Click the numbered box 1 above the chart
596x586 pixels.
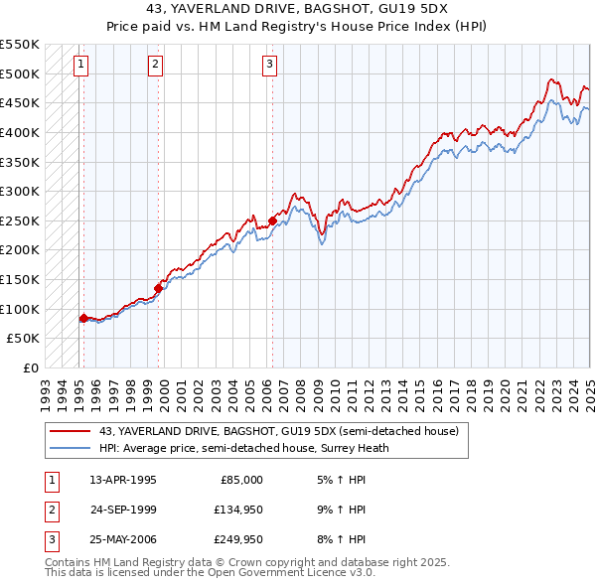tap(79, 66)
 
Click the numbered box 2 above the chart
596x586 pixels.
tap(156, 66)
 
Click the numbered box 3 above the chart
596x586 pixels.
tap(269, 66)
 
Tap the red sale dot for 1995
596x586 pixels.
tap(84, 318)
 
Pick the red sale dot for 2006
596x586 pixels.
tap(272, 220)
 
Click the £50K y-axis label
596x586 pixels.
tap(25, 339)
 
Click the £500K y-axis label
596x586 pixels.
tap(21, 73)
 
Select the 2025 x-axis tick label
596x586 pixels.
tap(590, 386)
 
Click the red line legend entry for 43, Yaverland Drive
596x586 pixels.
tap(278, 432)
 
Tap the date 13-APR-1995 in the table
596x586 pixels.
tap(123, 479)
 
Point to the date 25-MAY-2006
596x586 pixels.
tap(123, 540)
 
